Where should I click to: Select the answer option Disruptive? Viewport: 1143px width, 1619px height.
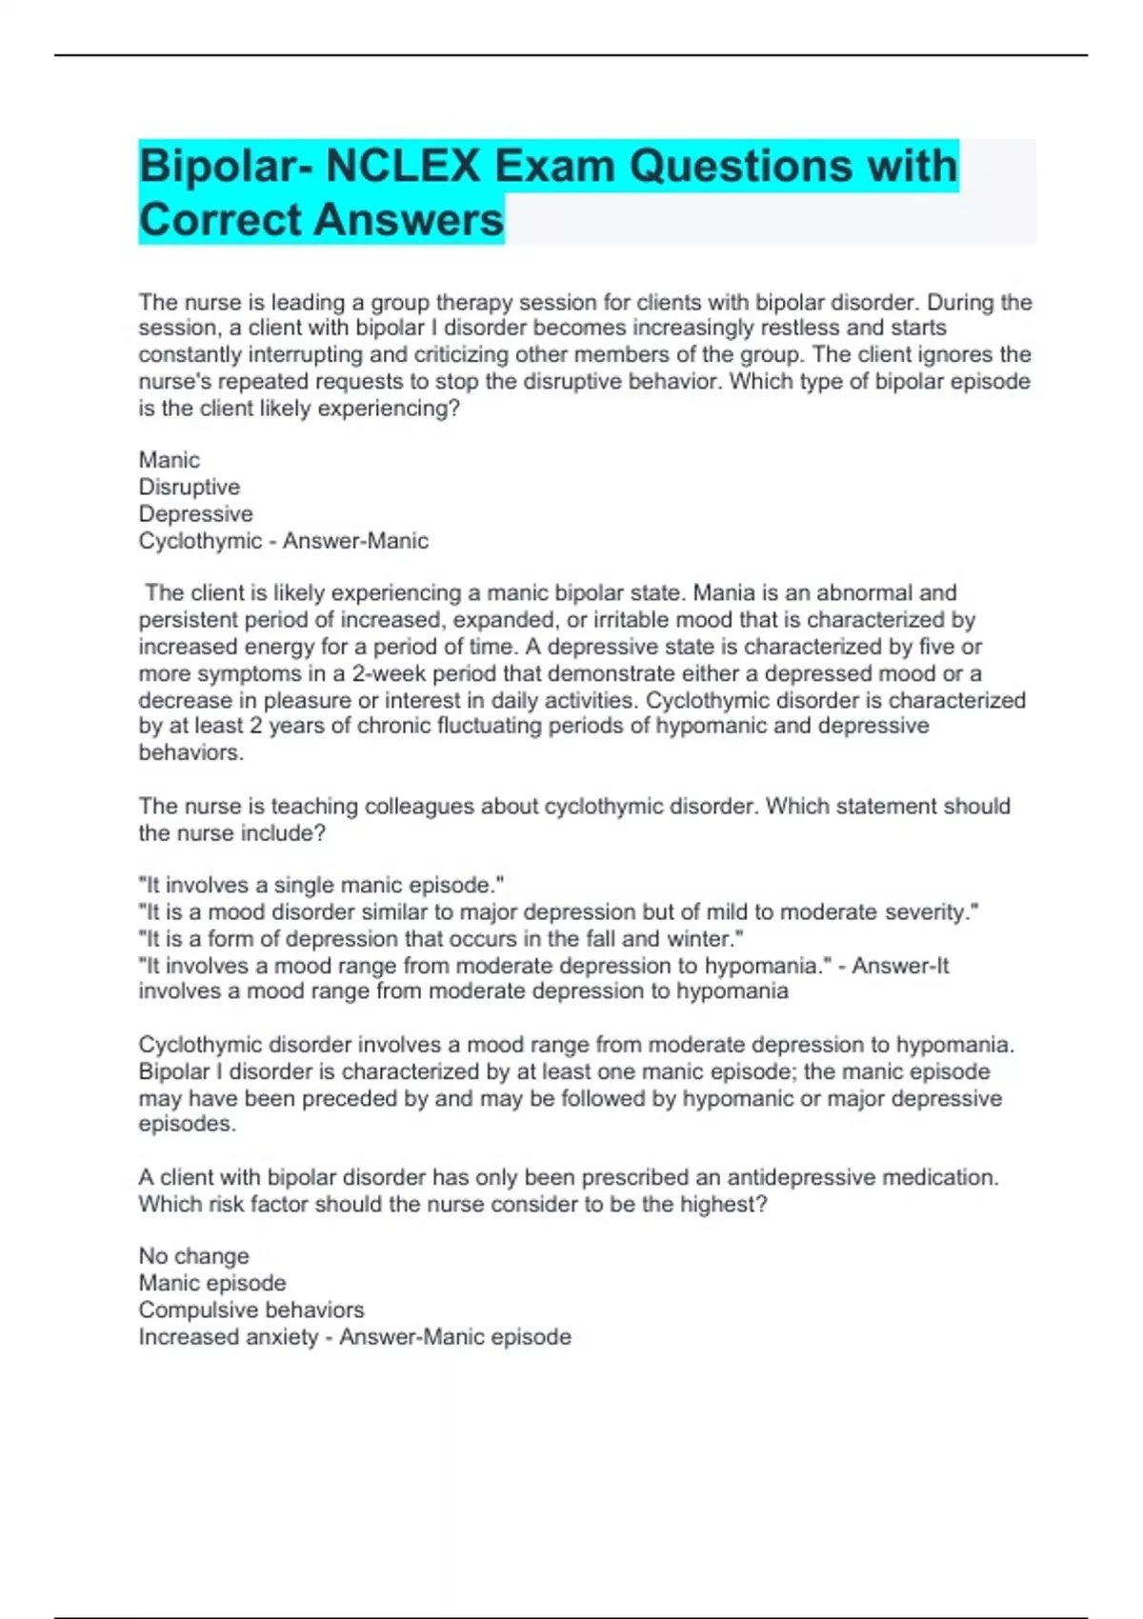tap(189, 487)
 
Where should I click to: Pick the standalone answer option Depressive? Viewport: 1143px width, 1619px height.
tap(195, 513)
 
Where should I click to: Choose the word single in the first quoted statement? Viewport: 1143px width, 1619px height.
tap(304, 885)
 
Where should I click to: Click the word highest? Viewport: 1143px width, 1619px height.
tap(722, 1204)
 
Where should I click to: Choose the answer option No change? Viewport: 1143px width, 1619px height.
tap(193, 1256)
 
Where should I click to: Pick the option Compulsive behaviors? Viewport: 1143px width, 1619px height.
tap(251, 1309)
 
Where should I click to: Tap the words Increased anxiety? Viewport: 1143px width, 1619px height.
tap(228, 1336)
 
